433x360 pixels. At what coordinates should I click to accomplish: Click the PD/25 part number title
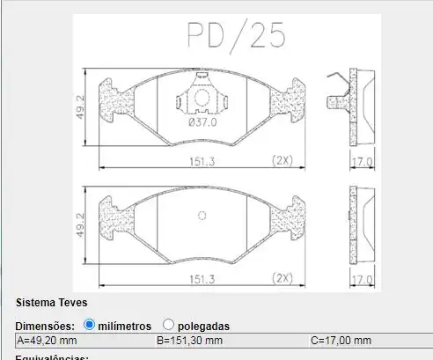point(236,34)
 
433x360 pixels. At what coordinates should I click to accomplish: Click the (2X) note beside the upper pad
point(282,160)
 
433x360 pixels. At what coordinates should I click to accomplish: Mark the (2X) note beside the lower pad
point(282,278)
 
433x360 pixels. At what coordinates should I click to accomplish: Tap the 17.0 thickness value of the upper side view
point(363,161)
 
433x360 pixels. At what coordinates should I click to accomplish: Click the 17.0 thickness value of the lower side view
point(363,279)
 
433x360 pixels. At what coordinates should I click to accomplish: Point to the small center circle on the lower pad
point(202,215)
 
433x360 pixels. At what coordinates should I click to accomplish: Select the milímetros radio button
point(89,325)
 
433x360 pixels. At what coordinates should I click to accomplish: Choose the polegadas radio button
point(168,325)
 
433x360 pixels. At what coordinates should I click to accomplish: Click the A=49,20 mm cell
point(48,341)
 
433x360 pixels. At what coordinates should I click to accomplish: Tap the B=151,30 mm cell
point(189,341)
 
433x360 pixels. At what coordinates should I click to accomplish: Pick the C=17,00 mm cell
point(341,341)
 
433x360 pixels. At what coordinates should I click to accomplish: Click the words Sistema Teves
point(51,302)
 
